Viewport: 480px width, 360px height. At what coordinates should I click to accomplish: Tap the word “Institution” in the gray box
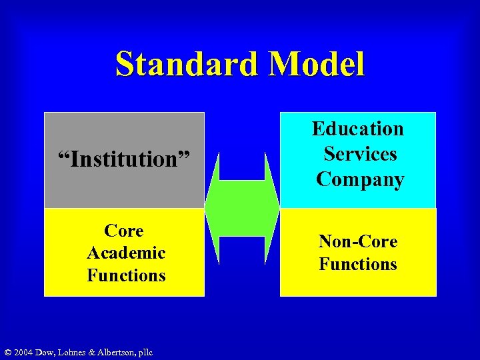point(124,159)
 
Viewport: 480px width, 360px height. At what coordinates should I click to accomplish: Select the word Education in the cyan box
point(358,128)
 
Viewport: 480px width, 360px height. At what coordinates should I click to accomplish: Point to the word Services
point(360,154)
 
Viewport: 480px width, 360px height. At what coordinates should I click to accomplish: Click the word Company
point(360,179)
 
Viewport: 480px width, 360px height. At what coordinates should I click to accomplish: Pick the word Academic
point(126,253)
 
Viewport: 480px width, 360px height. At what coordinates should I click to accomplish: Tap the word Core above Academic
point(124,231)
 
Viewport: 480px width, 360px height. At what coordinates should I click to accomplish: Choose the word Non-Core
point(358,241)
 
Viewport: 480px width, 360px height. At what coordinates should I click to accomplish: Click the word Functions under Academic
point(126,275)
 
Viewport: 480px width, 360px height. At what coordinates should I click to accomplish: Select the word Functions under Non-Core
point(358,264)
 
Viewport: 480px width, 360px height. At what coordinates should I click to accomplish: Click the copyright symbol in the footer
point(7,352)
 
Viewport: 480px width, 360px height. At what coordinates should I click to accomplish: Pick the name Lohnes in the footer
point(73,352)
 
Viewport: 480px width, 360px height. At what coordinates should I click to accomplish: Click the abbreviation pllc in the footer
point(145,352)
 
